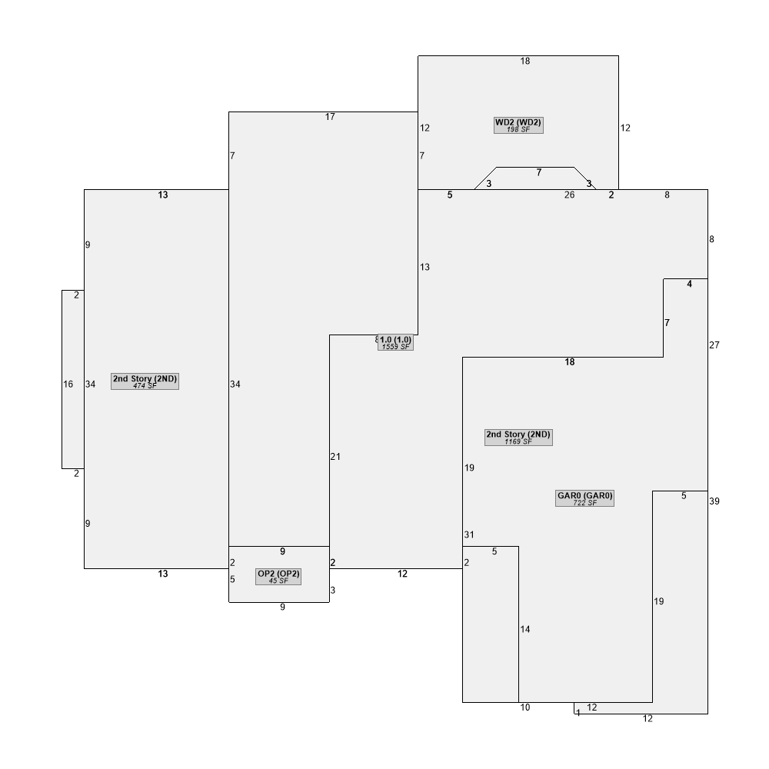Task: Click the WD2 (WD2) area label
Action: click(x=518, y=125)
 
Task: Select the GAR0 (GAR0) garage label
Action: click(x=584, y=498)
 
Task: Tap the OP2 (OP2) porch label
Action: click(x=278, y=577)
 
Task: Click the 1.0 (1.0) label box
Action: click(x=395, y=342)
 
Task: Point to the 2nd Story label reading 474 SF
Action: click(x=145, y=381)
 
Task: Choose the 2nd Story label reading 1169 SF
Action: click(x=518, y=438)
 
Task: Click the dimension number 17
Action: click(x=330, y=117)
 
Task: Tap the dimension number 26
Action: click(x=569, y=195)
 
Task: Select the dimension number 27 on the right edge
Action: click(x=714, y=345)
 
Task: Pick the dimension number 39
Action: click(x=714, y=501)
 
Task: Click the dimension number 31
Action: click(x=469, y=534)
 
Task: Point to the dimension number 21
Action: click(x=335, y=457)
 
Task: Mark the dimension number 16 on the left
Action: click(x=68, y=384)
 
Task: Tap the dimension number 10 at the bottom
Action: click(x=525, y=707)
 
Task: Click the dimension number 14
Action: click(x=525, y=629)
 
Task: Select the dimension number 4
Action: click(x=690, y=284)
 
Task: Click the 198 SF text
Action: click(x=518, y=129)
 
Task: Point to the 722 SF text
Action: click(x=584, y=503)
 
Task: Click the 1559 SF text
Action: click(x=395, y=347)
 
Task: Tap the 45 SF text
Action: click(x=278, y=581)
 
